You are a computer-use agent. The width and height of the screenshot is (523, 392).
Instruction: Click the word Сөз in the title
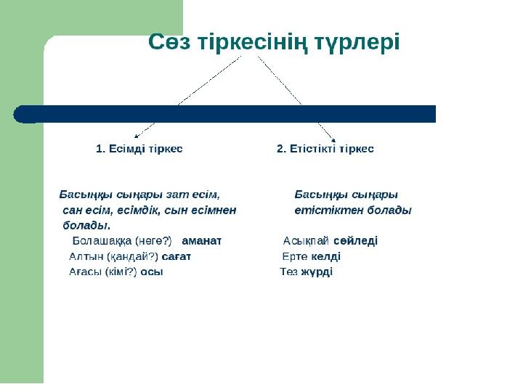tap(169, 41)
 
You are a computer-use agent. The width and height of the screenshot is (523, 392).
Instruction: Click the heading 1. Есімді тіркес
tap(139, 149)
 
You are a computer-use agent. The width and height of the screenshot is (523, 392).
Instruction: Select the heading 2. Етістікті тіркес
tap(325, 149)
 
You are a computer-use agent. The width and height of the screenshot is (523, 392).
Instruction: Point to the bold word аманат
tap(202, 241)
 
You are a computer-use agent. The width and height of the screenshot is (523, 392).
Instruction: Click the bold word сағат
tap(176, 257)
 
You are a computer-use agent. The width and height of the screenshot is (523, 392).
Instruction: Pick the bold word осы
tap(152, 272)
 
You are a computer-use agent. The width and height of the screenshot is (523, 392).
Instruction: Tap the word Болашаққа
tap(102, 241)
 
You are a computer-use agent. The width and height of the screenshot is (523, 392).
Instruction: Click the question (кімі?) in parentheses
tap(121, 272)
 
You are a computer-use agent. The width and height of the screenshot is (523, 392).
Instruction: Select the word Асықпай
tap(306, 241)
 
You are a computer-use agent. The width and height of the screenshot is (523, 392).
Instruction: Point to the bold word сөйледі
tap(355, 241)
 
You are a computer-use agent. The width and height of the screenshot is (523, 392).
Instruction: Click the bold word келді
tap(326, 256)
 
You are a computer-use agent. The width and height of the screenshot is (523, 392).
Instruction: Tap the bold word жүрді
tap(317, 272)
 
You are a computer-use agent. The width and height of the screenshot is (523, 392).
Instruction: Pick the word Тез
tap(289, 272)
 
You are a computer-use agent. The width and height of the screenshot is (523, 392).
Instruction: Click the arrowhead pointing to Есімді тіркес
tap(136, 136)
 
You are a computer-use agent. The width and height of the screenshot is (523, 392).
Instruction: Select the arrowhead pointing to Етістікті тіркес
tap(333, 140)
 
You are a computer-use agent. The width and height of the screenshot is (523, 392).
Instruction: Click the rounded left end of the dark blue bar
tap(14, 115)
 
